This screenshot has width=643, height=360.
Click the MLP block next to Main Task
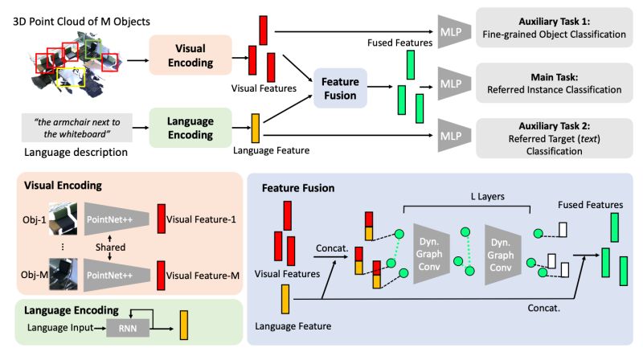(x=453, y=84)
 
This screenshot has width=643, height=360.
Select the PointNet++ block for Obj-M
(x=116, y=275)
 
